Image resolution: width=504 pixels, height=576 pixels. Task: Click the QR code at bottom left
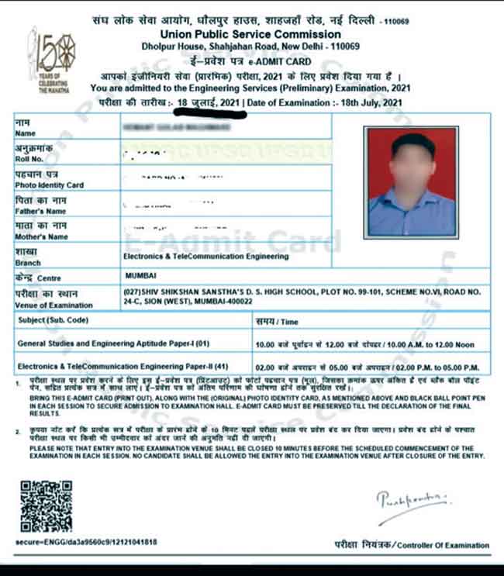45,505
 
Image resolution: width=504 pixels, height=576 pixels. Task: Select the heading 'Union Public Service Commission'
251,35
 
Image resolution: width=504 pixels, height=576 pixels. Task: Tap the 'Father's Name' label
40,211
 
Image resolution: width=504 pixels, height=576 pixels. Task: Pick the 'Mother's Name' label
41,236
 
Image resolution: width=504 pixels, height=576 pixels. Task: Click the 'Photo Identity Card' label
49,185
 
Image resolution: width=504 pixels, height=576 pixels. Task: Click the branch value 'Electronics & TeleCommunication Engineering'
205,256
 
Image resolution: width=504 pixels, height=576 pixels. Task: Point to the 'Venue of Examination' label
54,305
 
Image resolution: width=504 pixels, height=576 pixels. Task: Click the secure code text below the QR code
85,541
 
